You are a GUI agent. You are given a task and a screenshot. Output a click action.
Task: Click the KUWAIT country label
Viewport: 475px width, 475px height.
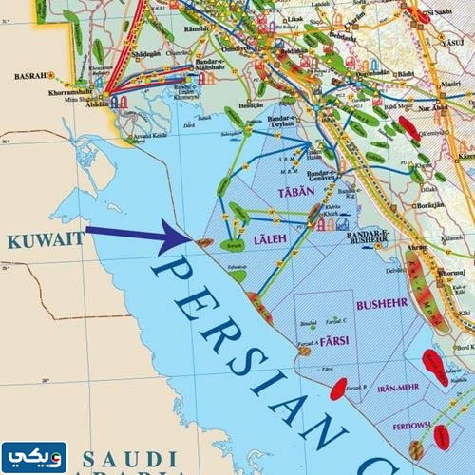[44, 241]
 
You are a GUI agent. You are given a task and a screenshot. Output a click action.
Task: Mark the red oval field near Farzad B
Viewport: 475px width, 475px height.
[337, 387]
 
